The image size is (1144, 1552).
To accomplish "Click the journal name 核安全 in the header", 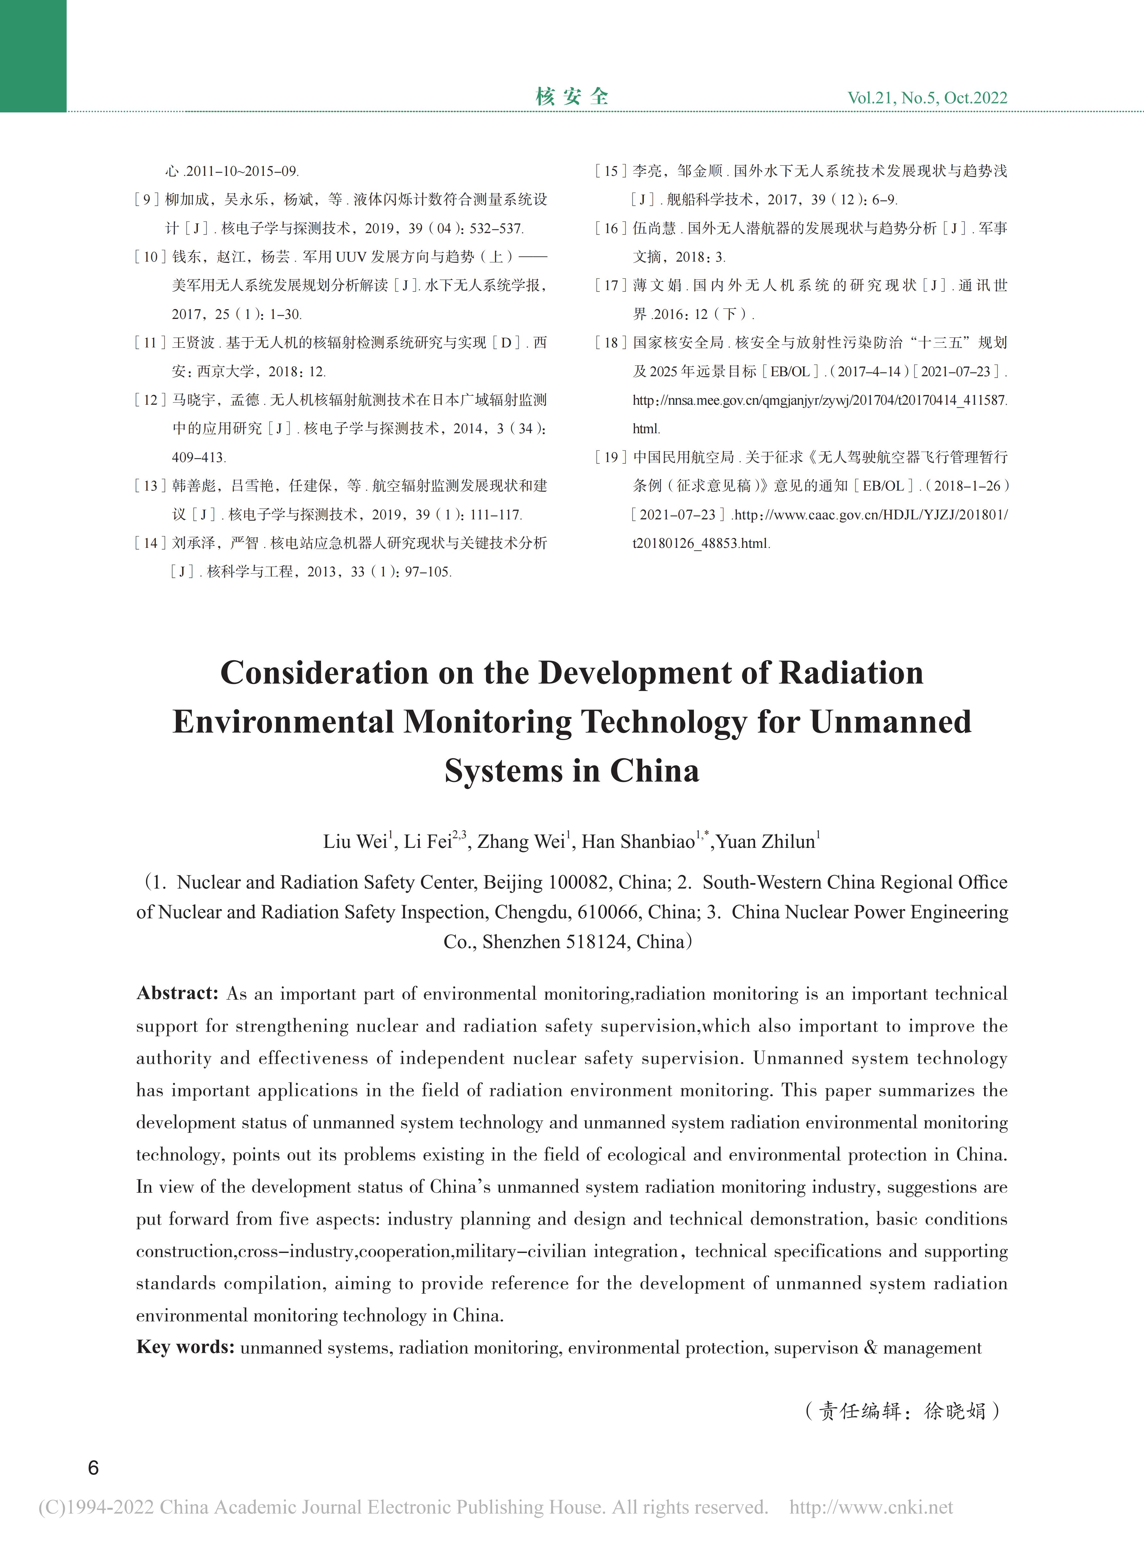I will pyautogui.click(x=572, y=97).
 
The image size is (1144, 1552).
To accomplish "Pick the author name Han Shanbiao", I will pyautogui.click(x=638, y=842).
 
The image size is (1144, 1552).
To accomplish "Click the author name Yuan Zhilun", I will pyautogui.click(x=765, y=842).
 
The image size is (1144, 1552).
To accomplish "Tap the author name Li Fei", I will pyautogui.click(x=427, y=842).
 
